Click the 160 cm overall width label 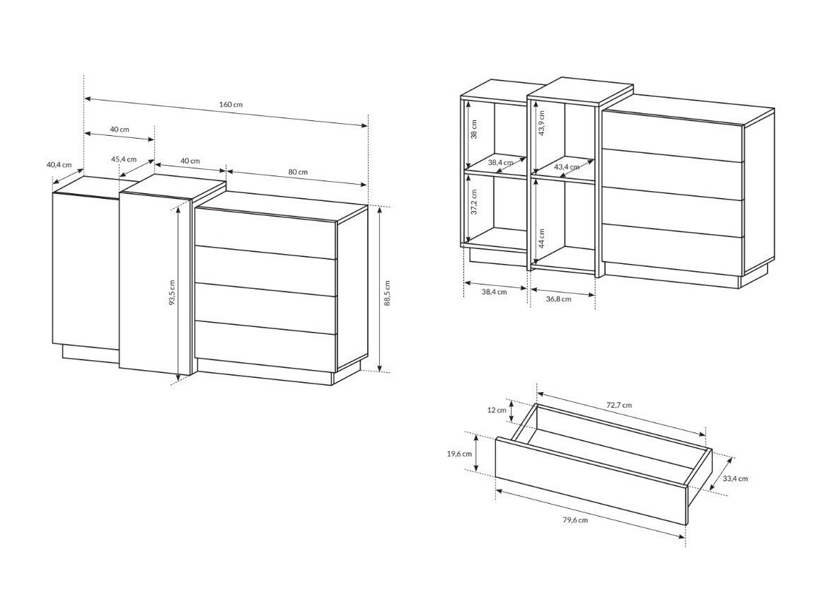click(x=231, y=104)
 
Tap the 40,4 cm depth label click(x=59, y=164)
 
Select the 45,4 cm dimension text click(x=123, y=159)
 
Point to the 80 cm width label click(x=299, y=172)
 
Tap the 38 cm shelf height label click(x=474, y=129)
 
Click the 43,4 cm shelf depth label click(x=567, y=167)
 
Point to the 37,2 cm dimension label click(x=474, y=201)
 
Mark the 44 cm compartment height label click(x=542, y=238)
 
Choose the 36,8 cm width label click(x=559, y=299)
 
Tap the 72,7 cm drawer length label click(x=618, y=405)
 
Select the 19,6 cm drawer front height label click(x=459, y=454)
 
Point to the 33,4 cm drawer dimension click(x=735, y=478)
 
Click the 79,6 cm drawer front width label click(x=575, y=519)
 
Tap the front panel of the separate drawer click(x=591, y=481)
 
